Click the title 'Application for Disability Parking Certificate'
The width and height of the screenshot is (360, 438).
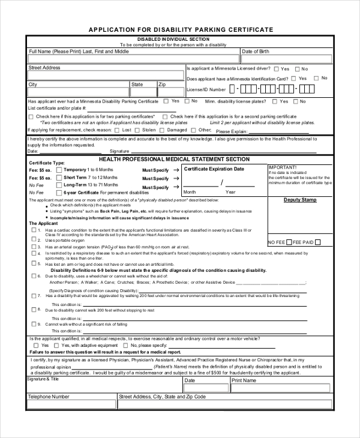181,29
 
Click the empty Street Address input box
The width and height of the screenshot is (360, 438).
106,76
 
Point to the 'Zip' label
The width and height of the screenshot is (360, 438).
162,85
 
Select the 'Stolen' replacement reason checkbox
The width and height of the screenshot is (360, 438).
138,130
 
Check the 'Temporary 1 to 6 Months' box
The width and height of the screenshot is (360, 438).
59,170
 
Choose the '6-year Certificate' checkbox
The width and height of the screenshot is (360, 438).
59,193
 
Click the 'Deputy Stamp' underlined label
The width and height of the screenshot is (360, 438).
300,200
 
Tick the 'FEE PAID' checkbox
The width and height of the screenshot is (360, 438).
335,242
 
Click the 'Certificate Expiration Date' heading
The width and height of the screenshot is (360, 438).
214,169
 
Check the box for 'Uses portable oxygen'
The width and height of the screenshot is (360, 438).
34,239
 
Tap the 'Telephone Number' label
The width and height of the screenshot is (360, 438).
49,397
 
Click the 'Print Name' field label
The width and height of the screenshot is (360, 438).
244,380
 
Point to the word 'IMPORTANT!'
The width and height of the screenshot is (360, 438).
283,167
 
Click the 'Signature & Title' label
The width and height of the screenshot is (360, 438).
43,379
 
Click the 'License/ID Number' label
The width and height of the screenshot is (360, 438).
206,89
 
